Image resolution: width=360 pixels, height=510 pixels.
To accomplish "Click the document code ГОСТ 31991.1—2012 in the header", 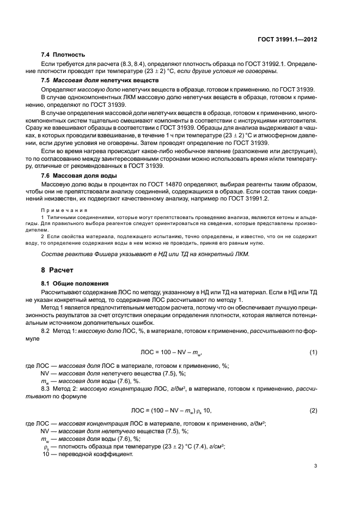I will [x=287, y=40].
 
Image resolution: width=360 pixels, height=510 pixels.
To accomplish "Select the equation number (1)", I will [x=313, y=353].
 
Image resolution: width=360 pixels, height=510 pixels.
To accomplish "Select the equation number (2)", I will [x=313, y=410].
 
